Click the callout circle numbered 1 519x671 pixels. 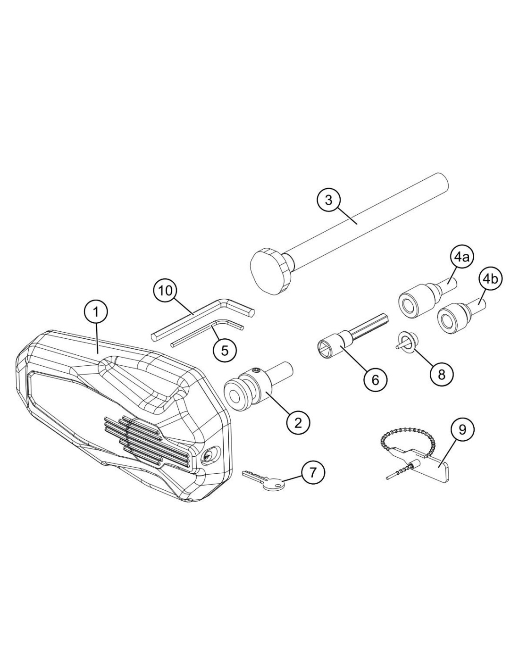point(96,312)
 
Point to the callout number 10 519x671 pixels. point(166,291)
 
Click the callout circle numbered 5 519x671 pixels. point(225,350)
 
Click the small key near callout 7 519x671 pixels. point(263,480)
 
